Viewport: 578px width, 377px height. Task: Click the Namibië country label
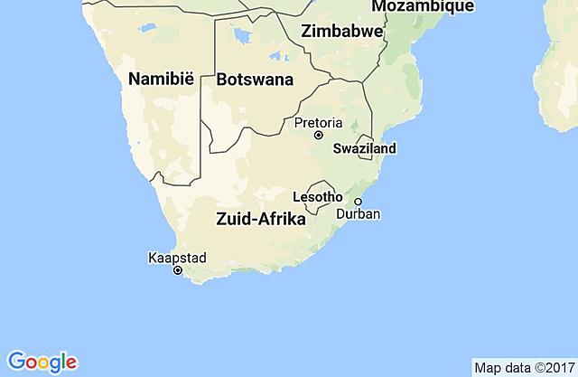pyautogui.click(x=163, y=79)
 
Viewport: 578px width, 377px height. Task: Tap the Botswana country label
pyautogui.click(x=255, y=80)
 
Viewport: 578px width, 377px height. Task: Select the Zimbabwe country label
pyautogui.click(x=342, y=31)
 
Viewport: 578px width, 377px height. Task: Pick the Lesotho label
pyautogui.click(x=318, y=196)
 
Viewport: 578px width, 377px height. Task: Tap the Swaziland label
pyautogui.click(x=365, y=148)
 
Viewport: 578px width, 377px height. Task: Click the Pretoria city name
pyautogui.click(x=318, y=121)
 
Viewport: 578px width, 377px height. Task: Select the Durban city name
pyautogui.click(x=358, y=214)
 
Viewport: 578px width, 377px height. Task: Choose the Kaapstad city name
pyautogui.click(x=177, y=258)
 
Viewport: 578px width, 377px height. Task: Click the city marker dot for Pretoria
pyautogui.click(x=318, y=135)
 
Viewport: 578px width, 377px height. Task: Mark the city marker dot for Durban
pyautogui.click(x=358, y=202)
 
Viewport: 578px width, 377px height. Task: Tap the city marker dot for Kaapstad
pyautogui.click(x=178, y=270)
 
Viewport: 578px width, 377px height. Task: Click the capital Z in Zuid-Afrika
pyautogui.click(x=221, y=218)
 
